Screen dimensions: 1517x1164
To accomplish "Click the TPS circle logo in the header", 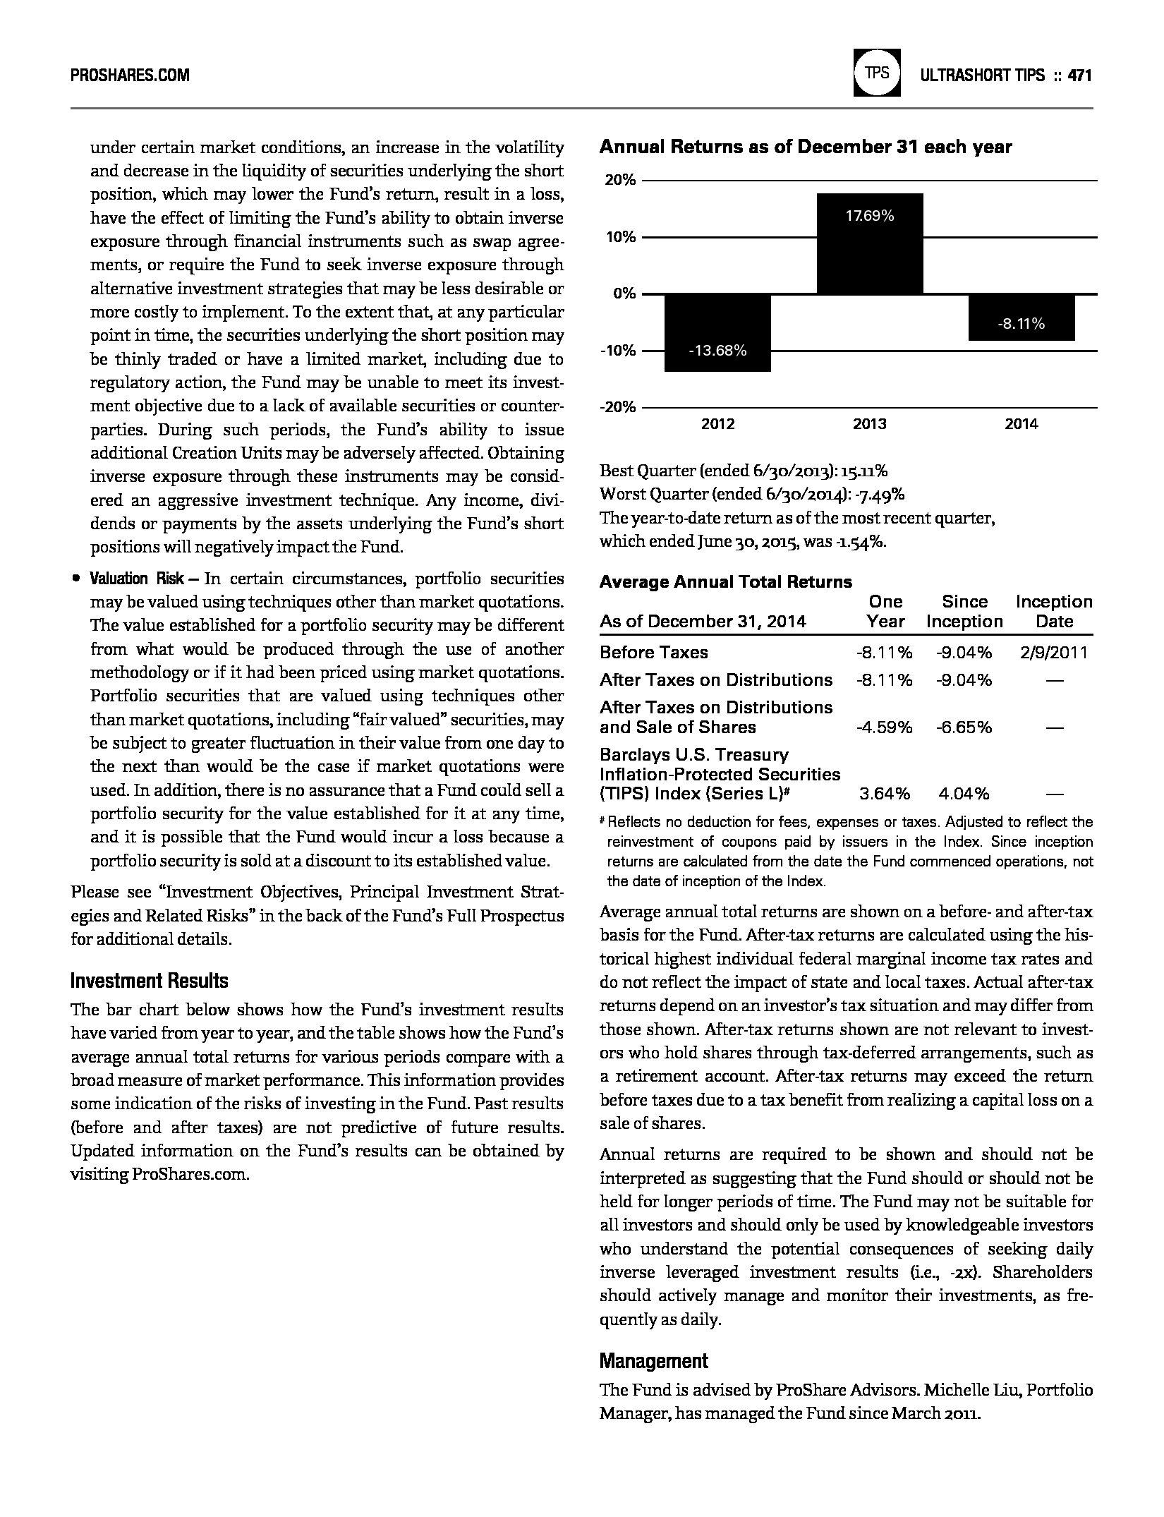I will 877,72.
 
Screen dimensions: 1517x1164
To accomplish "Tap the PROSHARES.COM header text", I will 130,75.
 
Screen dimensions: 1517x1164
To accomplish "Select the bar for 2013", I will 870,243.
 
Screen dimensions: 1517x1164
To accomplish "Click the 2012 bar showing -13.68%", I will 717,332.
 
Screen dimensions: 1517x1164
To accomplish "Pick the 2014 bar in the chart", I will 1021,317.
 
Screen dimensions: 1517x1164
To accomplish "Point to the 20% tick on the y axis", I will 619,180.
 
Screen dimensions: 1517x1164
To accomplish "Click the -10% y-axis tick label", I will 618,351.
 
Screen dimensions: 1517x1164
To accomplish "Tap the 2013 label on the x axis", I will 870,424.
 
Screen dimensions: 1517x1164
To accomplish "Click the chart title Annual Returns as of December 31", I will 806,147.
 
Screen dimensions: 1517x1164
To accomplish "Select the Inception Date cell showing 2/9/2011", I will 1054,653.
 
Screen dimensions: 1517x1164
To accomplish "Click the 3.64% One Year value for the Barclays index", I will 884,794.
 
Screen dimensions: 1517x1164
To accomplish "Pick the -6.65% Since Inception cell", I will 964,727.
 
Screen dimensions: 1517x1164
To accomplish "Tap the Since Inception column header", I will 964,612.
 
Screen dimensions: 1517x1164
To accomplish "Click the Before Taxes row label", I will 654,653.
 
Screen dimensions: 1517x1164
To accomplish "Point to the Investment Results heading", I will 150,981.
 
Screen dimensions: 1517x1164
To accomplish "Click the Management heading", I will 653,1361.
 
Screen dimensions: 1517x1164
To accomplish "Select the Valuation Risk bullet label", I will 136,579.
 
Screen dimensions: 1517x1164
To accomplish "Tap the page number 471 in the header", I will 1079,75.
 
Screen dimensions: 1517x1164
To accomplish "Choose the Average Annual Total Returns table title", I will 726,582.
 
